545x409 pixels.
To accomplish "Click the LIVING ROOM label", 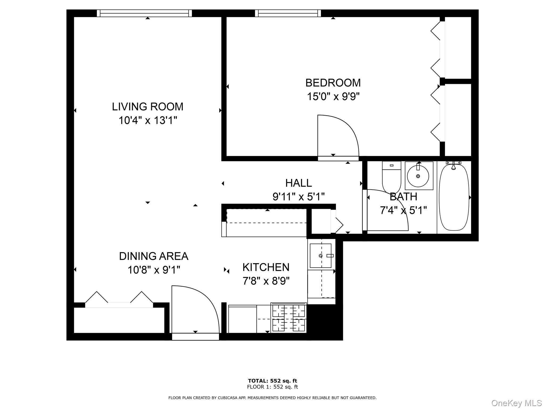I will pos(147,107).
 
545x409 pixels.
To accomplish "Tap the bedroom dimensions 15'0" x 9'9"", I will pos(333,96).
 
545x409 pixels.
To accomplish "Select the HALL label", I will pos(298,183).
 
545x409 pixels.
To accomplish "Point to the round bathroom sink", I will pos(418,176).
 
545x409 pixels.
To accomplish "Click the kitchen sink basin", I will pos(320,256).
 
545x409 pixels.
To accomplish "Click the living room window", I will pos(144,13).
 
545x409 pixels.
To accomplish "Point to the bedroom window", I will pos(288,13).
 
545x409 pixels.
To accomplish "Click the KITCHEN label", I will pos(266,267).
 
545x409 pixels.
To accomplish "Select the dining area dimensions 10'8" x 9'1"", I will pos(154,270).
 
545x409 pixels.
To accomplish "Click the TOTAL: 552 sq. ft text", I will pos(272,381).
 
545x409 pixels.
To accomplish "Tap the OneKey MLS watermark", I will pos(516,403).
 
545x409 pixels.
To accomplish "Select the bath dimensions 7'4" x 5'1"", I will pos(403,210).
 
